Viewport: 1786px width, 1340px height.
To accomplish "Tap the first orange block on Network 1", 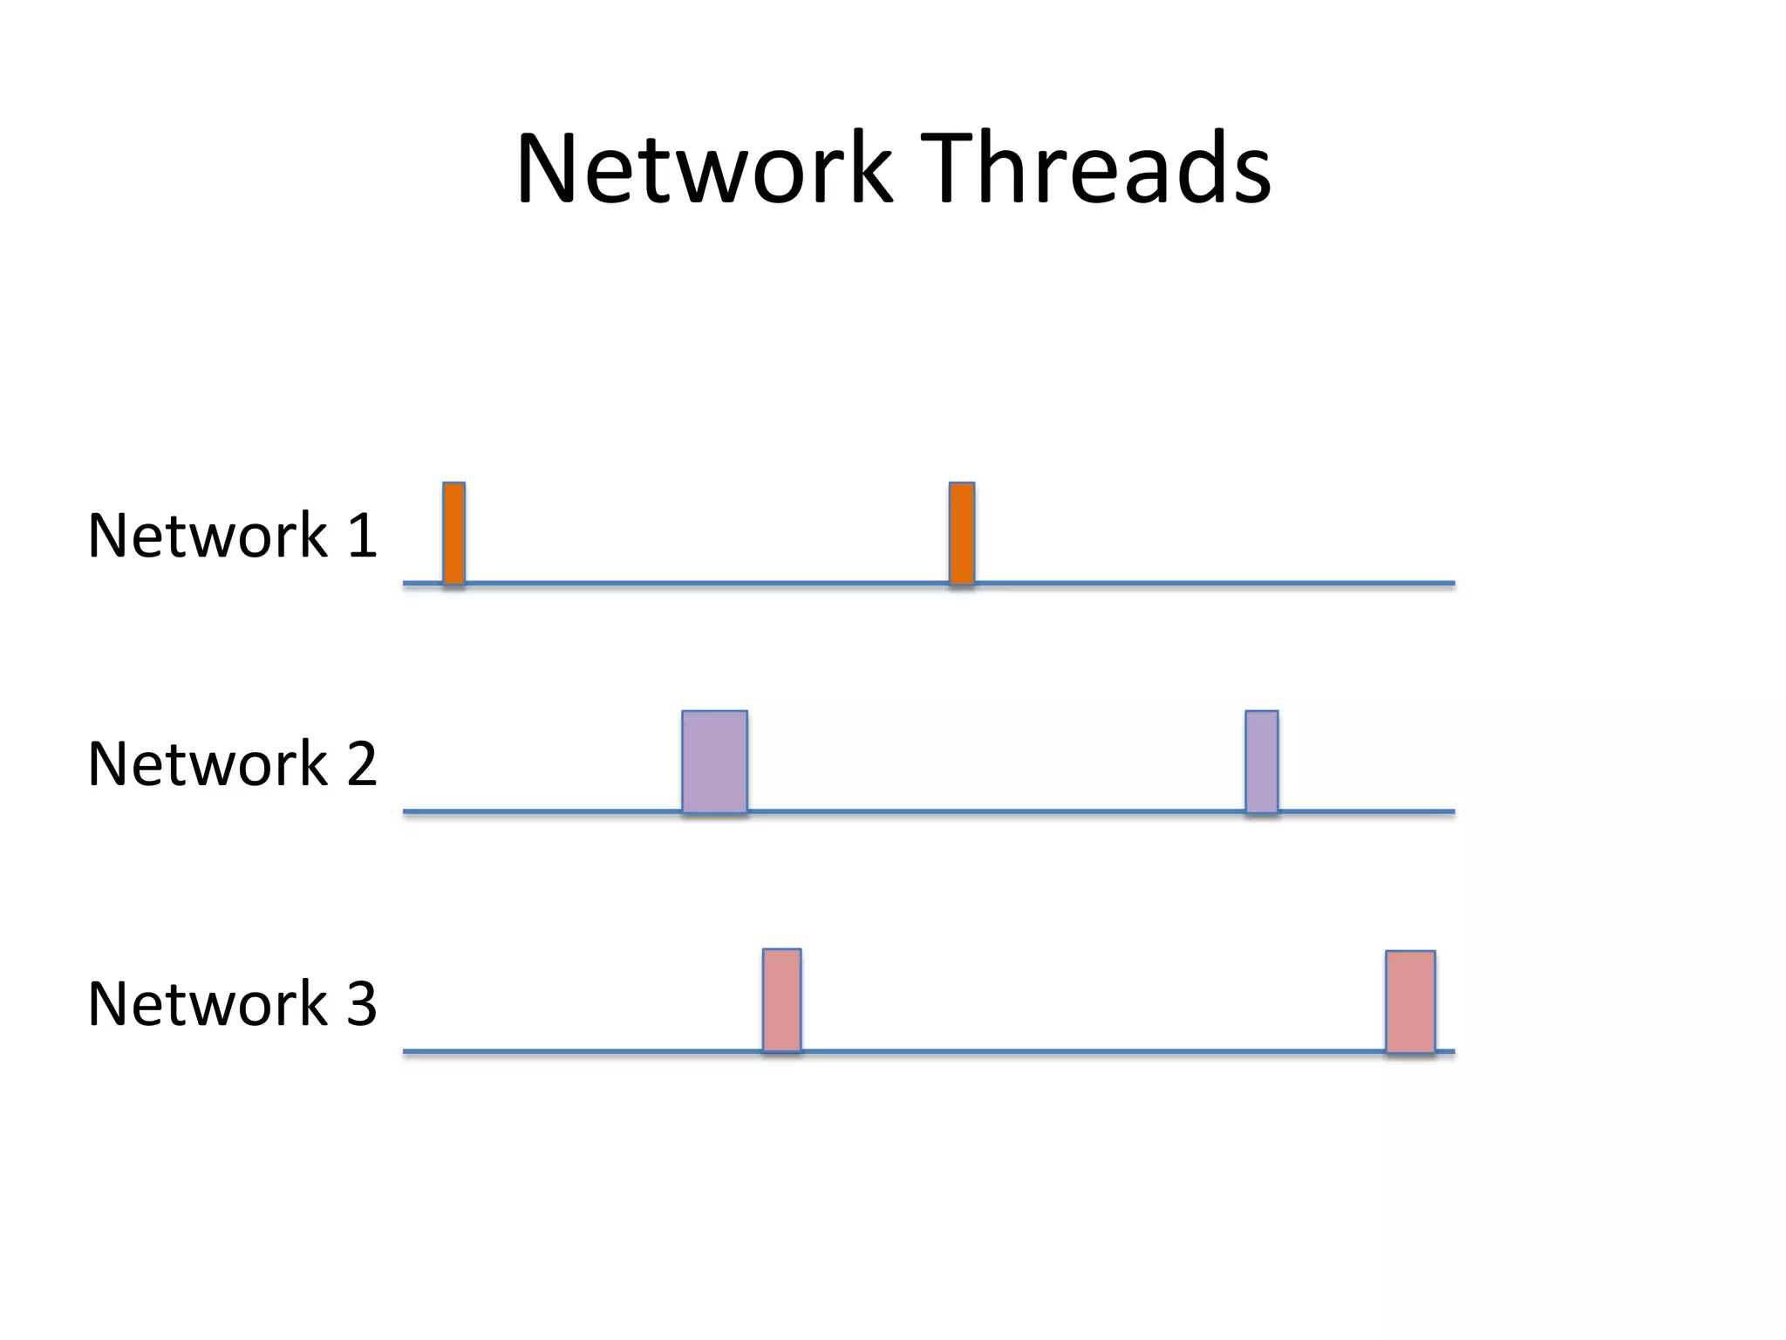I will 453,533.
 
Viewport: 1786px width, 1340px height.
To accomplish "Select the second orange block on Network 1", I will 961,533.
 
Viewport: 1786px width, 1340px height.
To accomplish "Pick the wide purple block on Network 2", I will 714,762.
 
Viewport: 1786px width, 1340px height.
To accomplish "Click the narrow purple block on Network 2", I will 1261,762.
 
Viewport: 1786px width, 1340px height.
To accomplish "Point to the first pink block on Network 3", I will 781,1000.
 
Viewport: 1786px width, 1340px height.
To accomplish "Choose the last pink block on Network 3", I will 1410,1002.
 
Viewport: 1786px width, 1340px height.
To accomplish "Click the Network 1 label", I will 232,535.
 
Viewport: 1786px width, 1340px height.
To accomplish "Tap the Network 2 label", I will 232,763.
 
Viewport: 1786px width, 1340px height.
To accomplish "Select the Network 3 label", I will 232,1003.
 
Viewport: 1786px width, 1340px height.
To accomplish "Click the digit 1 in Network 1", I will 361,535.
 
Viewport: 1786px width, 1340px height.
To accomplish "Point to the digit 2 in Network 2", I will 361,763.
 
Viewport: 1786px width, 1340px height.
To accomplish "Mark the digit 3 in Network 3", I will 361,1003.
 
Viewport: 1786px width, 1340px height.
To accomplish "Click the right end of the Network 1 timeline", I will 1451,583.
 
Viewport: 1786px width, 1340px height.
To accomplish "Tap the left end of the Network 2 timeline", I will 406,811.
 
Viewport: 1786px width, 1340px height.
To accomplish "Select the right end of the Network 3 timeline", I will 1451,1051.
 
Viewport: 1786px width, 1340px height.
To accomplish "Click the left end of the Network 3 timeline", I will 406,1051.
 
